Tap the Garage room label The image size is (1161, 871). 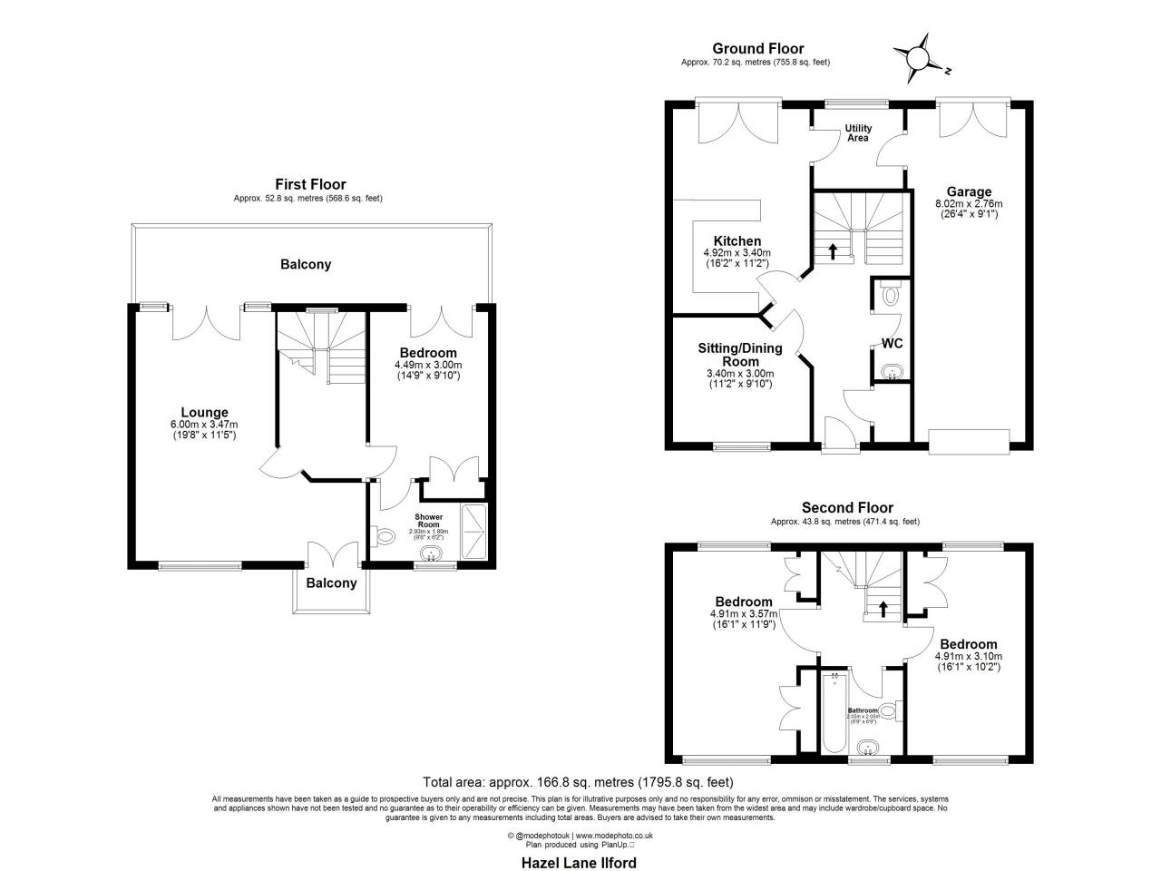tap(968, 191)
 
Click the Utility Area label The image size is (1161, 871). tap(858, 133)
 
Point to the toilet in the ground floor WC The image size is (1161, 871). tap(890, 294)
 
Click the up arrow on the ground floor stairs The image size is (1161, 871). tap(833, 251)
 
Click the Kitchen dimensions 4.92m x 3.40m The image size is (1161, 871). tap(737, 253)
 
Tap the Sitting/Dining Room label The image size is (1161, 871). tap(740, 355)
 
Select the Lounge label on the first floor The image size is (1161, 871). tap(204, 412)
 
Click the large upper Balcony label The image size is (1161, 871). tap(306, 265)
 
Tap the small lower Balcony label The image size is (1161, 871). tap(331, 583)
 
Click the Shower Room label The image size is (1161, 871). tap(428, 521)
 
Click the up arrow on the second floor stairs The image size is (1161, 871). tap(883, 608)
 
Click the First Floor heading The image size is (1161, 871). tap(310, 184)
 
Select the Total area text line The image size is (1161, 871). tap(579, 782)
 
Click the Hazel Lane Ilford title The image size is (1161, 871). tap(579, 863)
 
